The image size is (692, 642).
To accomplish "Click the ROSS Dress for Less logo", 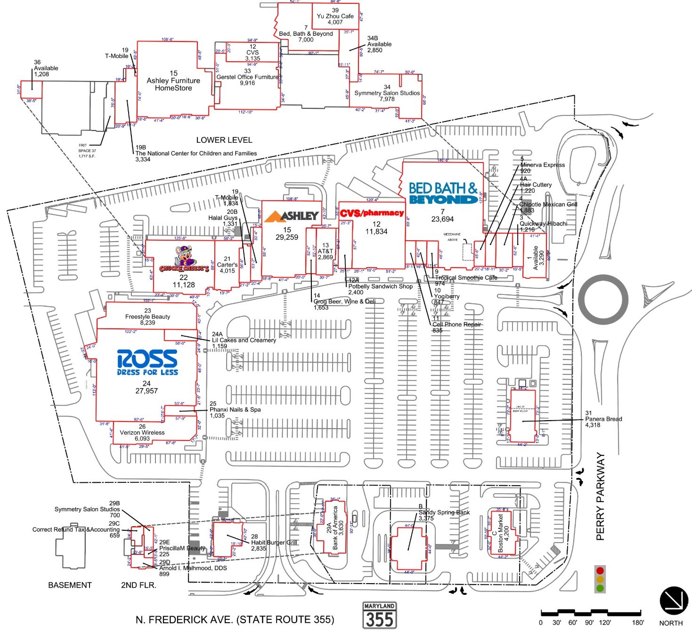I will (x=147, y=362).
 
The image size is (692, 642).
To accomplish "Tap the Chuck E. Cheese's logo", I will (x=184, y=260).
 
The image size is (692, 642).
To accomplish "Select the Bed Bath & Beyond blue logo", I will (x=443, y=193).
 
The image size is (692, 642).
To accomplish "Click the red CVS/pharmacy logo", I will (x=372, y=213).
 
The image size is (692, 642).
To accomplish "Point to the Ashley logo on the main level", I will (x=292, y=216).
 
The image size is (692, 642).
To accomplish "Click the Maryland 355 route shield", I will (x=379, y=615).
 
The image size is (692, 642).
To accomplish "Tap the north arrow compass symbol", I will (x=674, y=601).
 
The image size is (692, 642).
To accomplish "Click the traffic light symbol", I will (x=600, y=579).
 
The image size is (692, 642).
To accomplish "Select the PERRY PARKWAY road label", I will (x=600, y=496).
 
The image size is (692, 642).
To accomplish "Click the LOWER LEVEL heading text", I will (x=224, y=140).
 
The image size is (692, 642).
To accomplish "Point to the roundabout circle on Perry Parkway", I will (x=603, y=300).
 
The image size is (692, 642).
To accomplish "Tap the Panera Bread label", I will (x=603, y=419).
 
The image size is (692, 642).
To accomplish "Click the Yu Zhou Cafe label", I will (x=335, y=16).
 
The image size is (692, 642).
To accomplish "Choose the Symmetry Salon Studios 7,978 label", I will (x=387, y=93).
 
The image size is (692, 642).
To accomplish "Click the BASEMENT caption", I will (x=70, y=585).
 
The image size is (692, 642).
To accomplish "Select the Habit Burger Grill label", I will (x=274, y=542).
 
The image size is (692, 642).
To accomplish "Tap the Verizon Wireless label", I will (x=142, y=432).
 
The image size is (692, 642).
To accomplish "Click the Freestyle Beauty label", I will (x=147, y=317).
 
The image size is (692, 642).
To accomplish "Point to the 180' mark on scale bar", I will (x=638, y=622).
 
